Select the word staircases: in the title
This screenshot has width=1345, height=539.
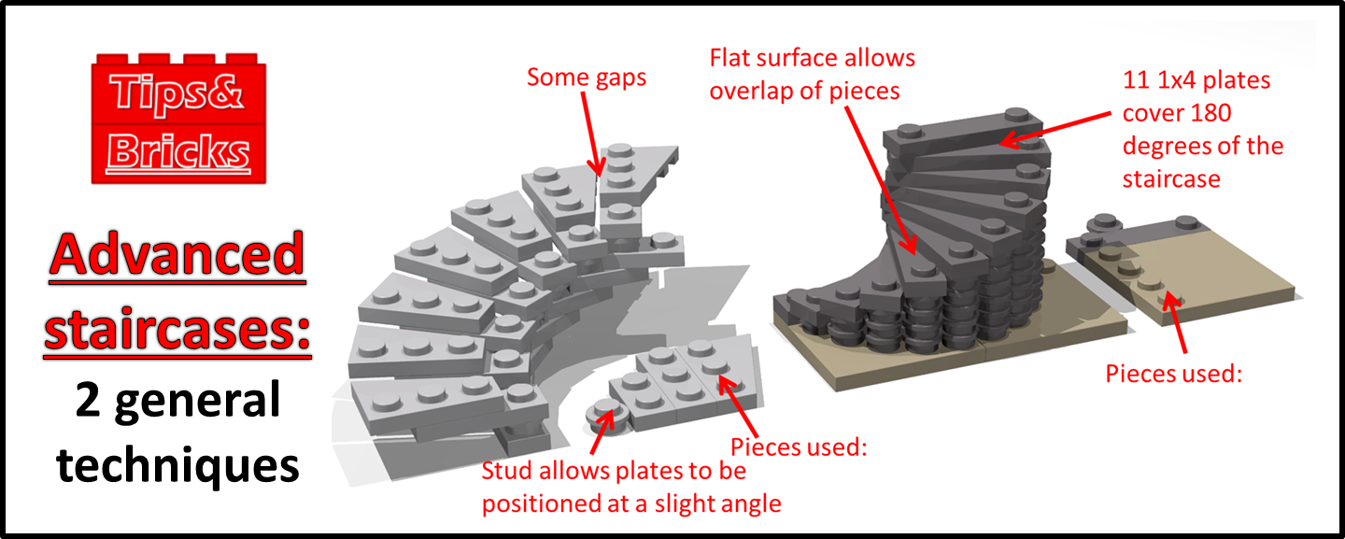coord(177,333)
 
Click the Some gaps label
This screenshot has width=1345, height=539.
coord(587,78)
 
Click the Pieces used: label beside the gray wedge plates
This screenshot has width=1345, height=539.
coord(800,447)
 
